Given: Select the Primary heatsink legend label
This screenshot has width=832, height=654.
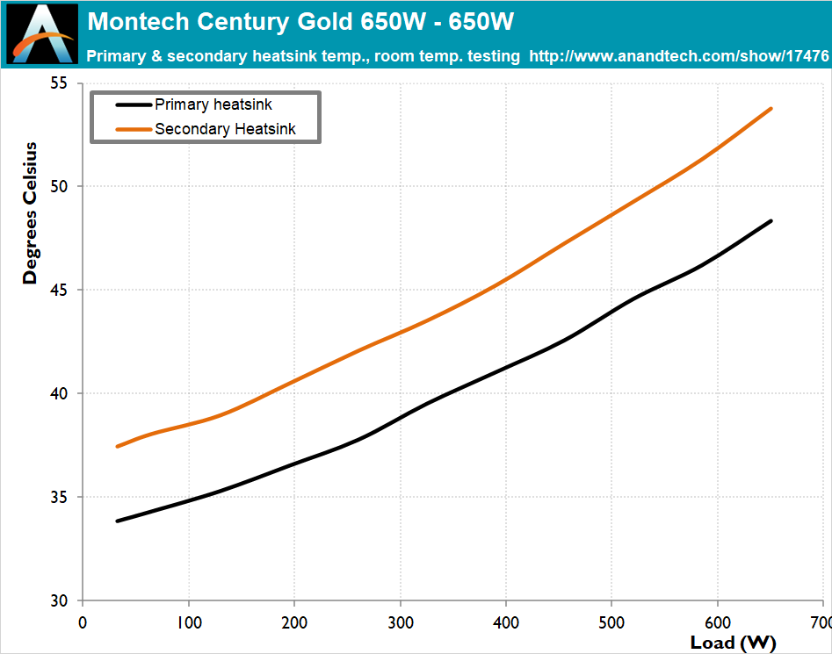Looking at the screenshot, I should pyautogui.click(x=213, y=104).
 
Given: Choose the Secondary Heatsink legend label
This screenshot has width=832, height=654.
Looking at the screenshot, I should pyautogui.click(x=225, y=129).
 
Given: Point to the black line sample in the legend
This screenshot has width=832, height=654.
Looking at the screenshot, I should pyautogui.click(x=134, y=104).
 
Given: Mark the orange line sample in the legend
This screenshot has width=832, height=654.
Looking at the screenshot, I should pyautogui.click(x=134, y=129).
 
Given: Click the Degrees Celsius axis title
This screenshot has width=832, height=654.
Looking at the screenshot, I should pyautogui.click(x=31, y=212).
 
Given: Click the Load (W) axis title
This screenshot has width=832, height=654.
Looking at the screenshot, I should pyautogui.click(x=731, y=643).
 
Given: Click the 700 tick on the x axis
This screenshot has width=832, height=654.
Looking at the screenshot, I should pyautogui.click(x=819, y=622).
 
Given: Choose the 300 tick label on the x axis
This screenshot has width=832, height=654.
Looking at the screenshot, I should pyautogui.click(x=400, y=622).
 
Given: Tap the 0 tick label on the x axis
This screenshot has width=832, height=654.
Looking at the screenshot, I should pyautogui.click(x=83, y=622).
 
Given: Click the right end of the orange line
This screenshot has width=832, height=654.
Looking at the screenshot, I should pyautogui.click(x=771, y=109).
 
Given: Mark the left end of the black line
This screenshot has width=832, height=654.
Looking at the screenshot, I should pyautogui.click(x=118, y=521).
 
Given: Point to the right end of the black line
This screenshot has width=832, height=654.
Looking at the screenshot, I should pyautogui.click(x=771, y=221).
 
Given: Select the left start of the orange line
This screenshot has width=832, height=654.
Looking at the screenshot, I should pyautogui.click(x=118, y=446).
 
